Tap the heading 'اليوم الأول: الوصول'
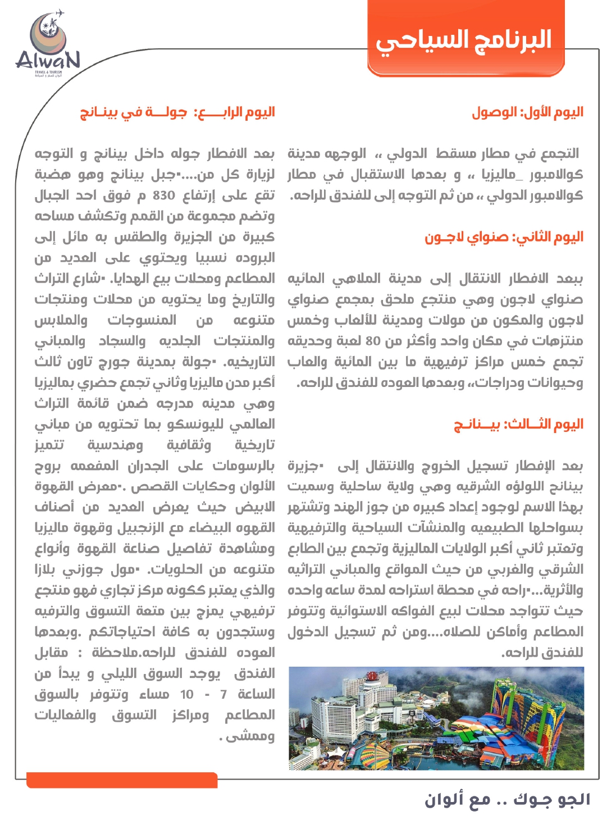tap(527, 112)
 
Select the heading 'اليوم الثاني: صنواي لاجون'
tap(504, 237)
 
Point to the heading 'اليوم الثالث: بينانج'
tap(518, 424)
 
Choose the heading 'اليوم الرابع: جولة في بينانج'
tap(177, 112)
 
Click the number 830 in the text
tap(164, 195)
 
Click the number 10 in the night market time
tap(186, 695)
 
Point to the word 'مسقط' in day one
tap(454, 153)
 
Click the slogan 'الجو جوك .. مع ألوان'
tap(507, 799)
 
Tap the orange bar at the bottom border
tap(122, 780)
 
